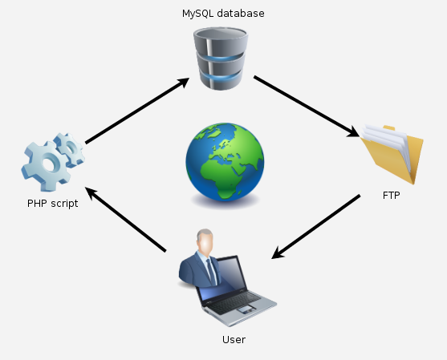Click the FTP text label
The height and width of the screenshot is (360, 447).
(392, 194)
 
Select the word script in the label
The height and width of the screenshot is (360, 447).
(64, 204)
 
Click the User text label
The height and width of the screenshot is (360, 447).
(234, 339)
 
